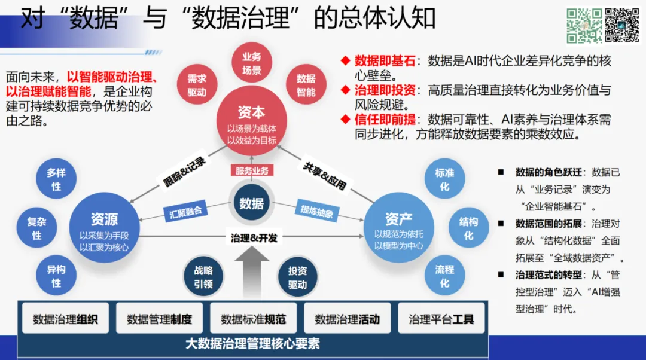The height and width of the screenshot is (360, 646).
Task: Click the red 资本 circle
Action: pos(251,120)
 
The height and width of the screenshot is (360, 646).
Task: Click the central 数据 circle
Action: pos(252,203)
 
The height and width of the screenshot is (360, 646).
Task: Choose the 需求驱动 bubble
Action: pos(197,86)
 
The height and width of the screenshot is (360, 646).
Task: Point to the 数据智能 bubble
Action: pos(306,86)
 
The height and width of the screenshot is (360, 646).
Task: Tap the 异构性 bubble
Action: pos(56,276)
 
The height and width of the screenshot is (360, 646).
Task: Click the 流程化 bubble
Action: pos(444,276)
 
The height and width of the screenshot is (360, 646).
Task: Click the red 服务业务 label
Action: pos(252,170)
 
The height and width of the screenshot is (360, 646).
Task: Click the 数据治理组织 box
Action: pos(65,319)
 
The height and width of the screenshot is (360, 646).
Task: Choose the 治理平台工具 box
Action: pos(441,319)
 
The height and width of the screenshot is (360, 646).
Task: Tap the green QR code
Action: pos(584,25)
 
